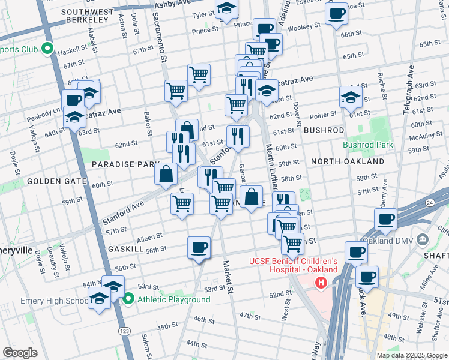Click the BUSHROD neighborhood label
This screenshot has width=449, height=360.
click(324, 130)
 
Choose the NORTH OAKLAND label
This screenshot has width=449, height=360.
click(347, 161)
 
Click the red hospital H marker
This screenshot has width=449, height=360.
click(321, 282)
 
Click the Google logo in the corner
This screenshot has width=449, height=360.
click(20, 353)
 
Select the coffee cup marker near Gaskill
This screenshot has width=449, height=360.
click(199, 247)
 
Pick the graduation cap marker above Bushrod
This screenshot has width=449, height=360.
click(351, 97)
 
